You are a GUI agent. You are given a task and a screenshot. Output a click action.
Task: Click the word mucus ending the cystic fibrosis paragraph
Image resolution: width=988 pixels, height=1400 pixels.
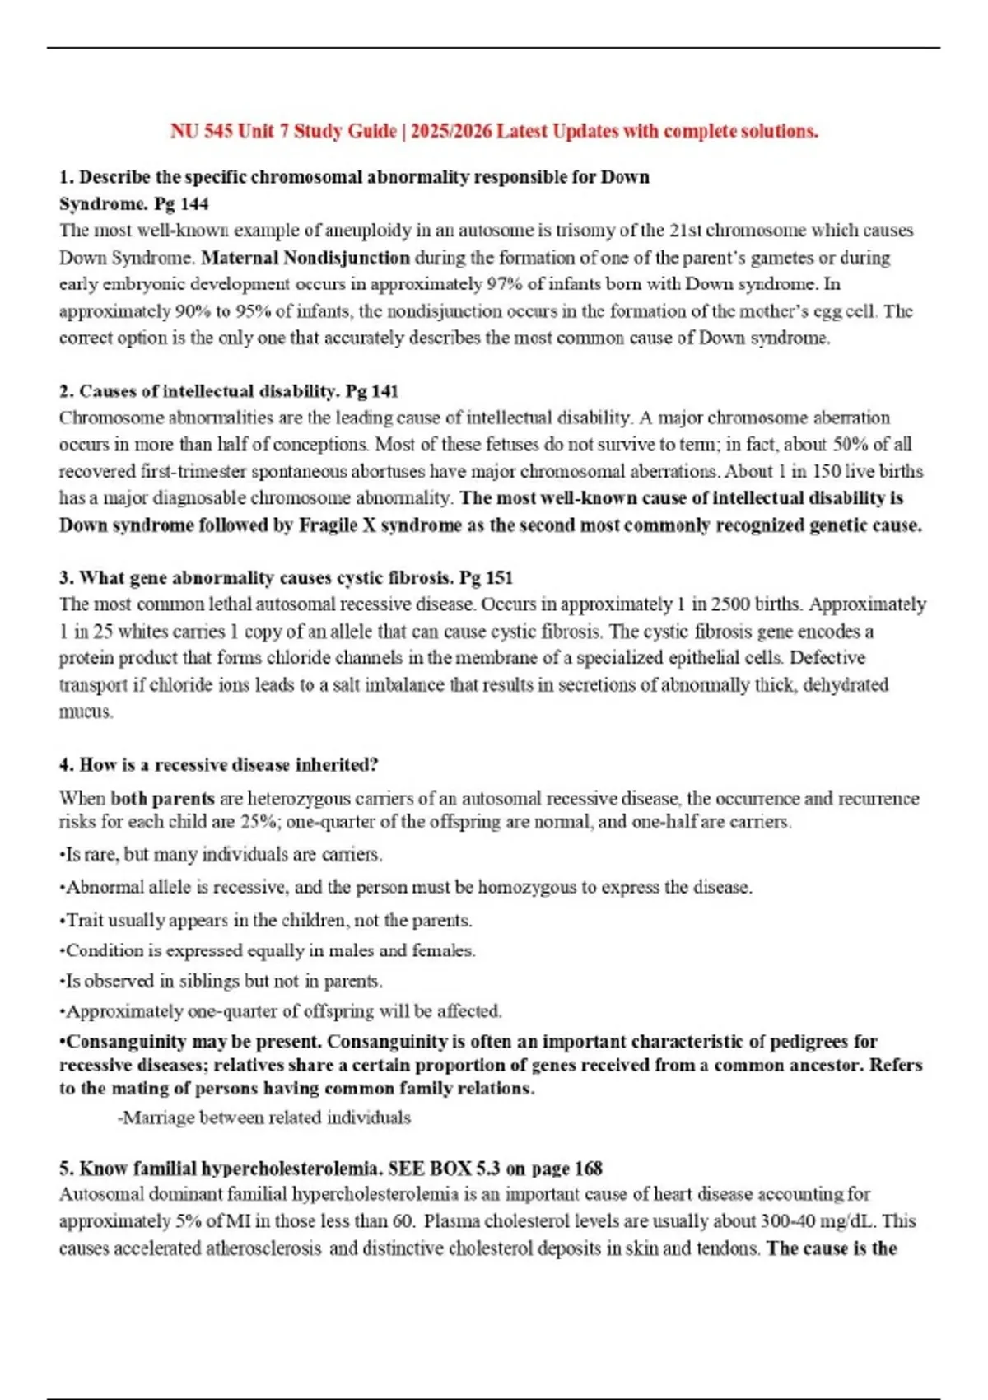point(85,712)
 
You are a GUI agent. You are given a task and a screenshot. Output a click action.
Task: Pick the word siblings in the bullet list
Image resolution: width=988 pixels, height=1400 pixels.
point(184,982)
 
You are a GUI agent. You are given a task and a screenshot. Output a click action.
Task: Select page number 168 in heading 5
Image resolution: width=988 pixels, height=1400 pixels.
point(588,1169)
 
